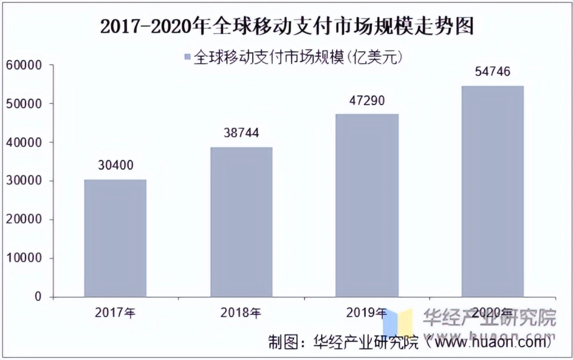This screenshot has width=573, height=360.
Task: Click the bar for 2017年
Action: click(115, 238)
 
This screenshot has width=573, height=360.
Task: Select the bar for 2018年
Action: click(241, 222)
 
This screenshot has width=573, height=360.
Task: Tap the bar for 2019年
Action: click(366, 205)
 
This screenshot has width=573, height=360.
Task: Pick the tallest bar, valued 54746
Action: click(492, 191)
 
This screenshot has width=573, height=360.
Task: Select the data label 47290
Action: click(366, 100)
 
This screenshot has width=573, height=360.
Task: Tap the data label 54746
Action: click(492, 72)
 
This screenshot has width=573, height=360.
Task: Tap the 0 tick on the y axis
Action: click(39, 297)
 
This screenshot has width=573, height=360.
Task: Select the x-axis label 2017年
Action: click(115, 312)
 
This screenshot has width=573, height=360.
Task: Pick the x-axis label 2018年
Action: click(241, 312)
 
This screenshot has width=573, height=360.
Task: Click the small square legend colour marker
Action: click(187, 57)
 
